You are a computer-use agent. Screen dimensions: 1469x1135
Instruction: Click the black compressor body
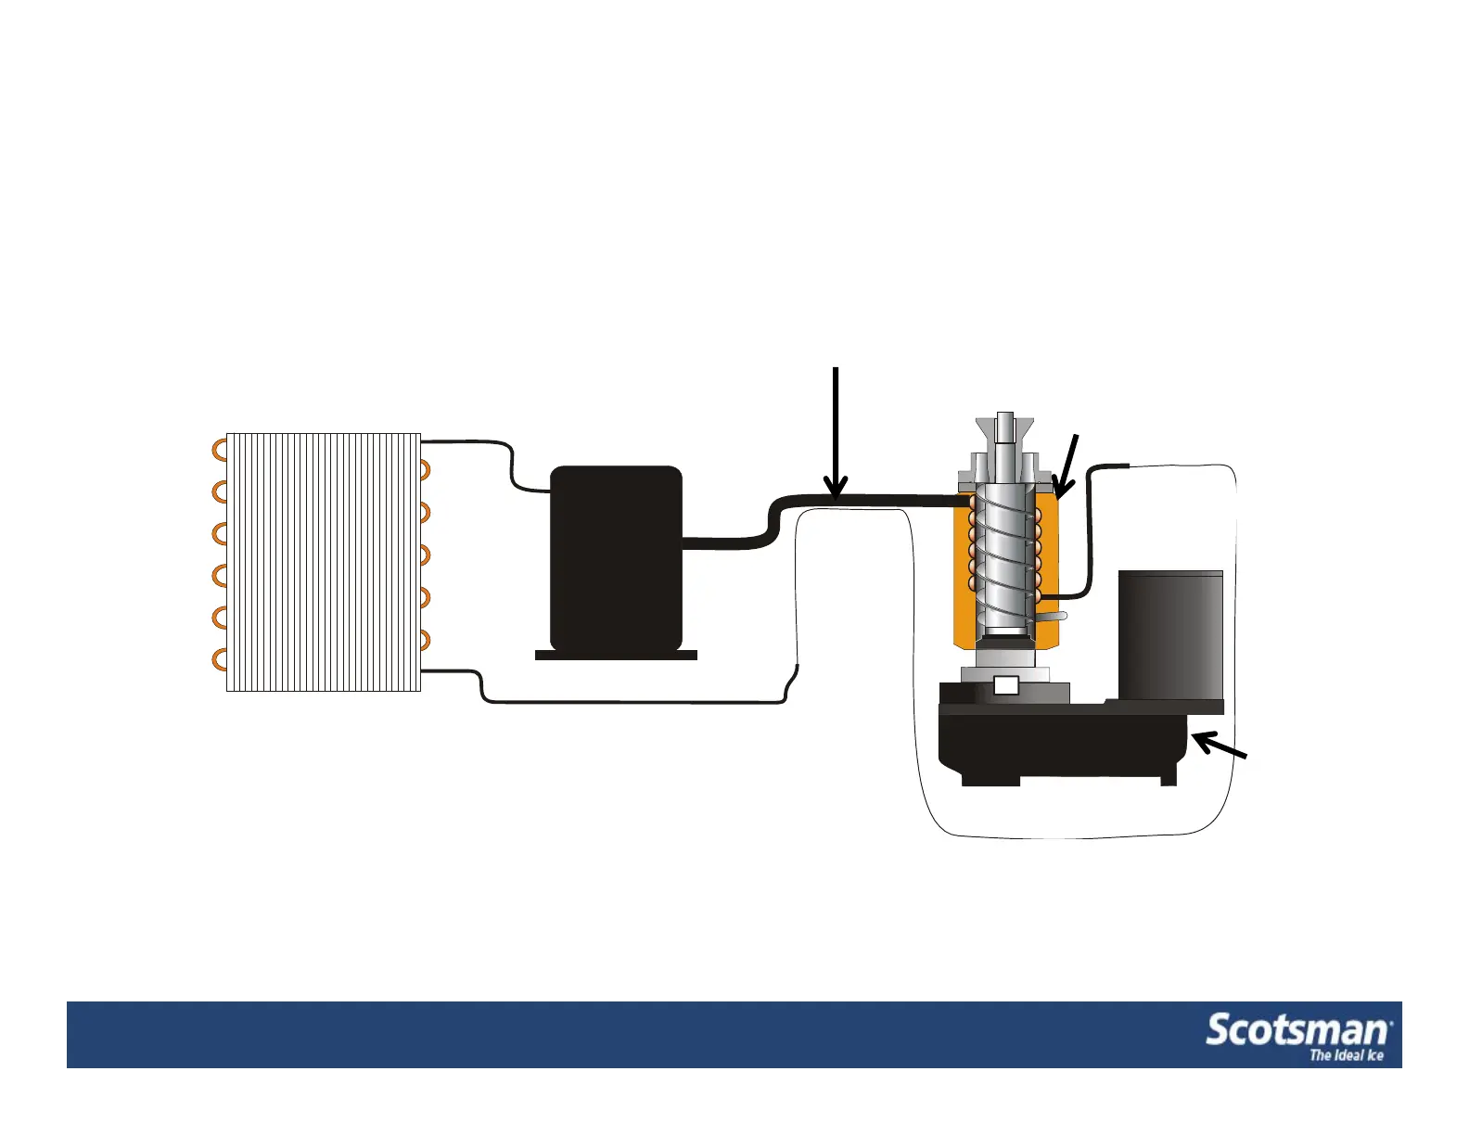click(x=616, y=556)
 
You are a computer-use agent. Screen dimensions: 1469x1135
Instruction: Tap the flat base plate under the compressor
click(x=616, y=655)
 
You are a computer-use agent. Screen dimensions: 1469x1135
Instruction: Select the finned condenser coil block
click(x=324, y=561)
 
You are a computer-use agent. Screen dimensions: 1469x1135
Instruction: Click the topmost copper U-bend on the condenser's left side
click(x=220, y=450)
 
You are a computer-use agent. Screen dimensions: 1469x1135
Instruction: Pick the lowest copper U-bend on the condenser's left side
click(x=220, y=660)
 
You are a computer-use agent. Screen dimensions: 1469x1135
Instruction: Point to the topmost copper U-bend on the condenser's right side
click(x=425, y=470)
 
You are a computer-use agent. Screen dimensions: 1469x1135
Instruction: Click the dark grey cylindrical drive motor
click(x=1170, y=635)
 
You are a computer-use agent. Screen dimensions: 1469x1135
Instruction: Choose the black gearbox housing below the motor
click(x=1062, y=742)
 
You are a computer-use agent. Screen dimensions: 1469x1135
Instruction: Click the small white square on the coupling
click(x=1005, y=686)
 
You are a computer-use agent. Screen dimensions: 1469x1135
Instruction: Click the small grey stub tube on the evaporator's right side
click(x=1054, y=615)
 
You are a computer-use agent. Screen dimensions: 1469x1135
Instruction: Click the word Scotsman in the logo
click(x=1297, y=1030)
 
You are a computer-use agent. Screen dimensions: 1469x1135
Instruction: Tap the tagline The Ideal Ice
click(x=1346, y=1055)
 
